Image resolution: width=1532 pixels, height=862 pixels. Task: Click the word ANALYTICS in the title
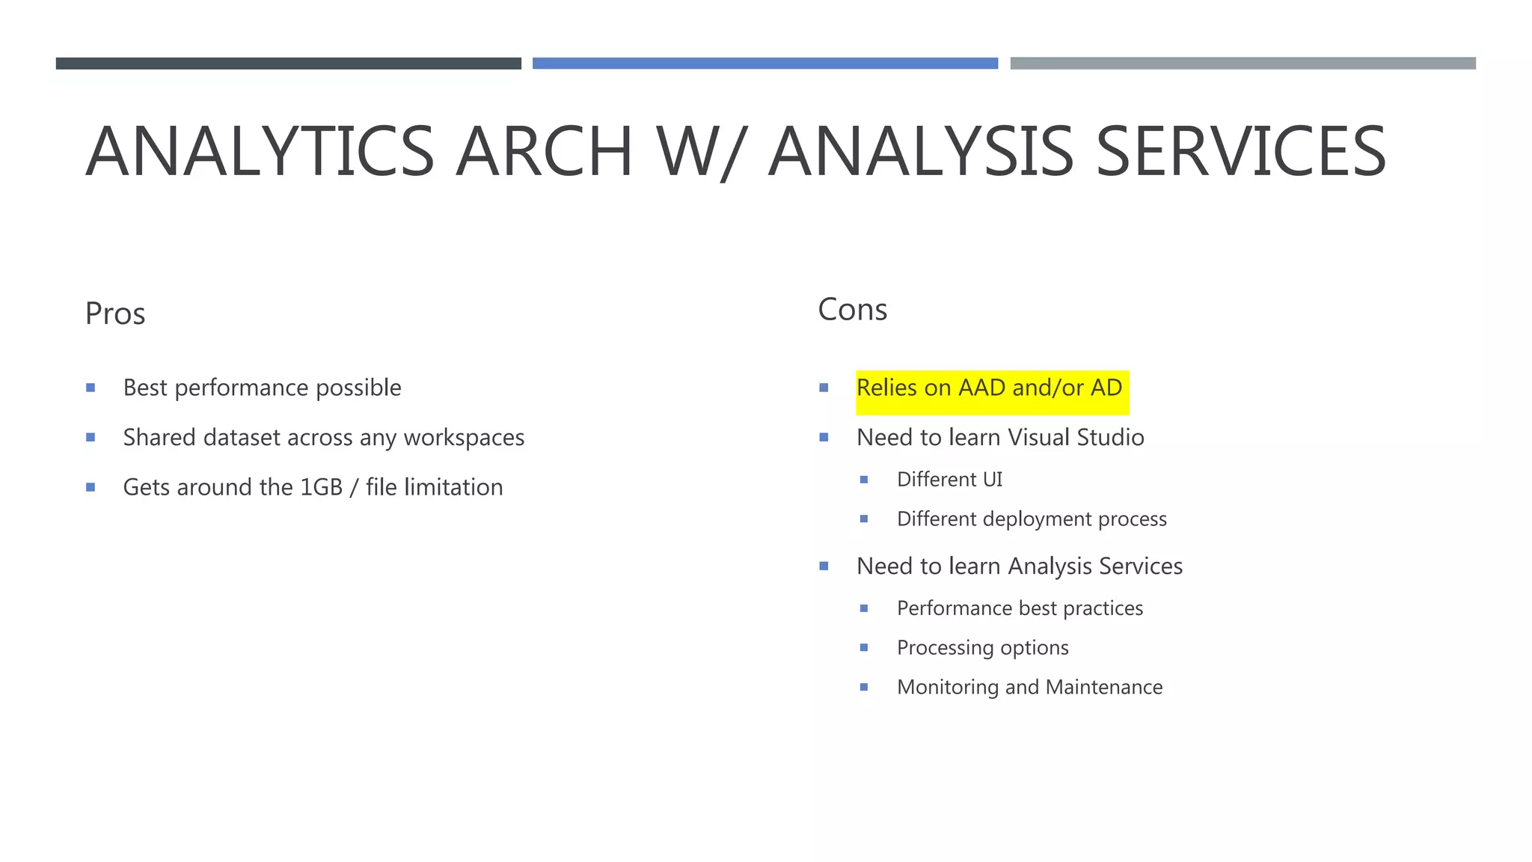click(x=260, y=152)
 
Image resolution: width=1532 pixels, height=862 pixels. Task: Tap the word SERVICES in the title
click(x=1241, y=152)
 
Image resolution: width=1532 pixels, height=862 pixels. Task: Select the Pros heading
click(x=115, y=314)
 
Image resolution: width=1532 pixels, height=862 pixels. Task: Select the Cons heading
click(x=852, y=310)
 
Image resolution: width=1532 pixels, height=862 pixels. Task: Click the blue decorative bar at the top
click(x=765, y=64)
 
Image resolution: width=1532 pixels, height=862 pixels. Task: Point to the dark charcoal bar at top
click(x=288, y=64)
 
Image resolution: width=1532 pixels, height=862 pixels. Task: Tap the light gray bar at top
click(x=1243, y=64)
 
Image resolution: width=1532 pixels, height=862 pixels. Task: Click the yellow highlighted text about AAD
click(x=989, y=388)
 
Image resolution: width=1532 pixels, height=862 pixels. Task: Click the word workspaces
click(x=464, y=438)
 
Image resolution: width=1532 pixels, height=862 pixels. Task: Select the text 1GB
click(x=321, y=487)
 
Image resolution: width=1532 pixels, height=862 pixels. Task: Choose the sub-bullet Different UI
click(x=949, y=480)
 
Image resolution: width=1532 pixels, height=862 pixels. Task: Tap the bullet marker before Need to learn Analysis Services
click(x=824, y=566)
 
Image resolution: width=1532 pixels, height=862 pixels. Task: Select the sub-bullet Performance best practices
click(x=1020, y=608)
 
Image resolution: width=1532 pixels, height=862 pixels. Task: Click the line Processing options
click(x=982, y=648)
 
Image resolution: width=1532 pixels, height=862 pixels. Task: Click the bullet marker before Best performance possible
click(x=91, y=388)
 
